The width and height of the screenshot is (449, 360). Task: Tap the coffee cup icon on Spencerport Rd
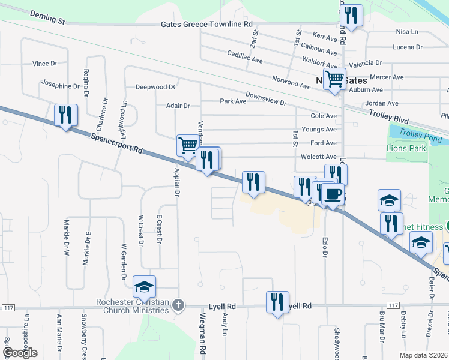click(x=333, y=194)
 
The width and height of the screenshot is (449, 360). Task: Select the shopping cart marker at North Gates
click(x=334, y=77)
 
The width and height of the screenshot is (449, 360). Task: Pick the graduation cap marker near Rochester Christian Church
click(x=144, y=287)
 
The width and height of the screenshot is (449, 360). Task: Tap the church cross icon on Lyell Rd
click(x=177, y=306)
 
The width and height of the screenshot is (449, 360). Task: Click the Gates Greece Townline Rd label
click(x=207, y=25)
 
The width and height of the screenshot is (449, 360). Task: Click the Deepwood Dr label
click(x=155, y=87)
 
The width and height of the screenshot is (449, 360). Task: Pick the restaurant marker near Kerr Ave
click(x=351, y=15)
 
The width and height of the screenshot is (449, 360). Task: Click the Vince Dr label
click(x=45, y=63)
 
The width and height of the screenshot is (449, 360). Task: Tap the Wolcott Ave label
click(x=323, y=157)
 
